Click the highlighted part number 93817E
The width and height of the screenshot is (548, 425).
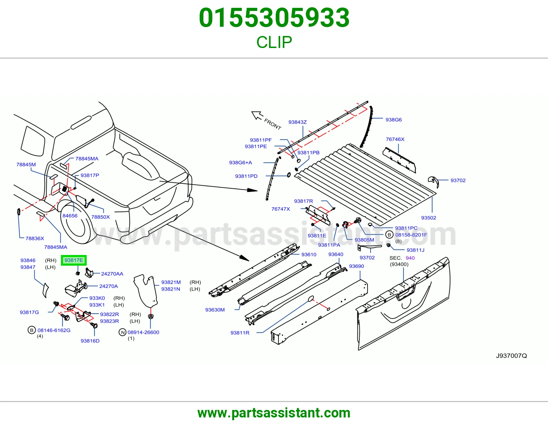pos(74,260)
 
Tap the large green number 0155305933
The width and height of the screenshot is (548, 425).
pos(274,18)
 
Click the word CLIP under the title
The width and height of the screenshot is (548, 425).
pos(274,42)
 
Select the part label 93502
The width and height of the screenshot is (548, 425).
pos(428,218)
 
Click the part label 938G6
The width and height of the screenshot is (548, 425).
pos(394,120)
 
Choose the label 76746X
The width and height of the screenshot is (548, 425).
pos(395,139)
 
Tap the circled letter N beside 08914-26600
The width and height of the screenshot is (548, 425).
pos(123,332)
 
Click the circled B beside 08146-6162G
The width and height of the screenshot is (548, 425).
pos(32,330)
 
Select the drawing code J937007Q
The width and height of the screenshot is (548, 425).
pos(511,356)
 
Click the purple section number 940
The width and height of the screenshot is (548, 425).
pos(410,258)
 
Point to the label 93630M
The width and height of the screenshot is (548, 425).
pos(215,309)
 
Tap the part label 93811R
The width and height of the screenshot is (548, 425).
pos(240,332)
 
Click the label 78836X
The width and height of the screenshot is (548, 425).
pos(35,238)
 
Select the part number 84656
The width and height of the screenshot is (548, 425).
pos(70,216)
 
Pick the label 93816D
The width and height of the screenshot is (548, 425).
pos(90,341)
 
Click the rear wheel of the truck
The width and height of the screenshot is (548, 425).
pos(75,222)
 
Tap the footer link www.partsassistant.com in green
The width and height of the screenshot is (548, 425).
pos(274,413)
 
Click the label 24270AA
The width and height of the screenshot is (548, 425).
pos(112,274)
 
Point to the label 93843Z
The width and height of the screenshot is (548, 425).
pos(298,122)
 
